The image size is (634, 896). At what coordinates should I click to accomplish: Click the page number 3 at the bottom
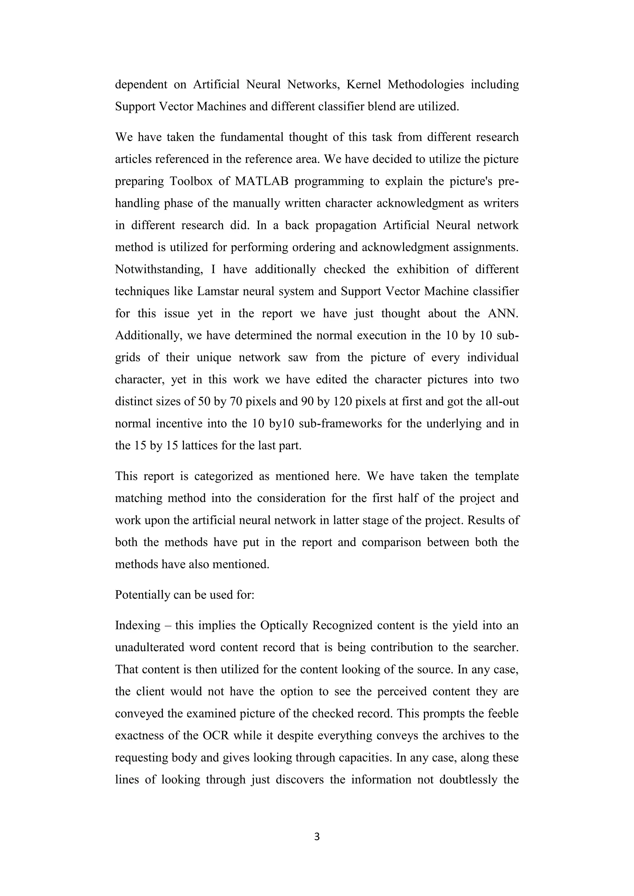[317, 836]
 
